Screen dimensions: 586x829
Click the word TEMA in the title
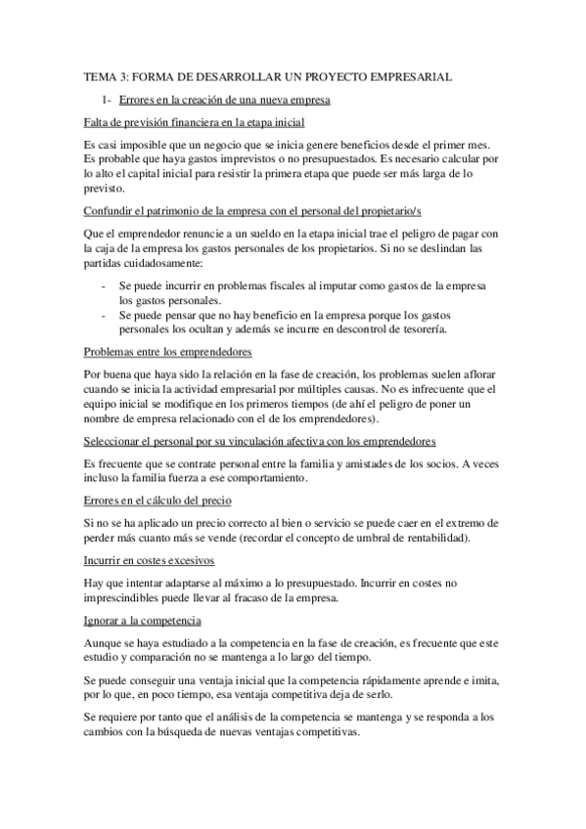[x=100, y=75]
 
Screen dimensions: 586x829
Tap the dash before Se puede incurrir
[x=105, y=284]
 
